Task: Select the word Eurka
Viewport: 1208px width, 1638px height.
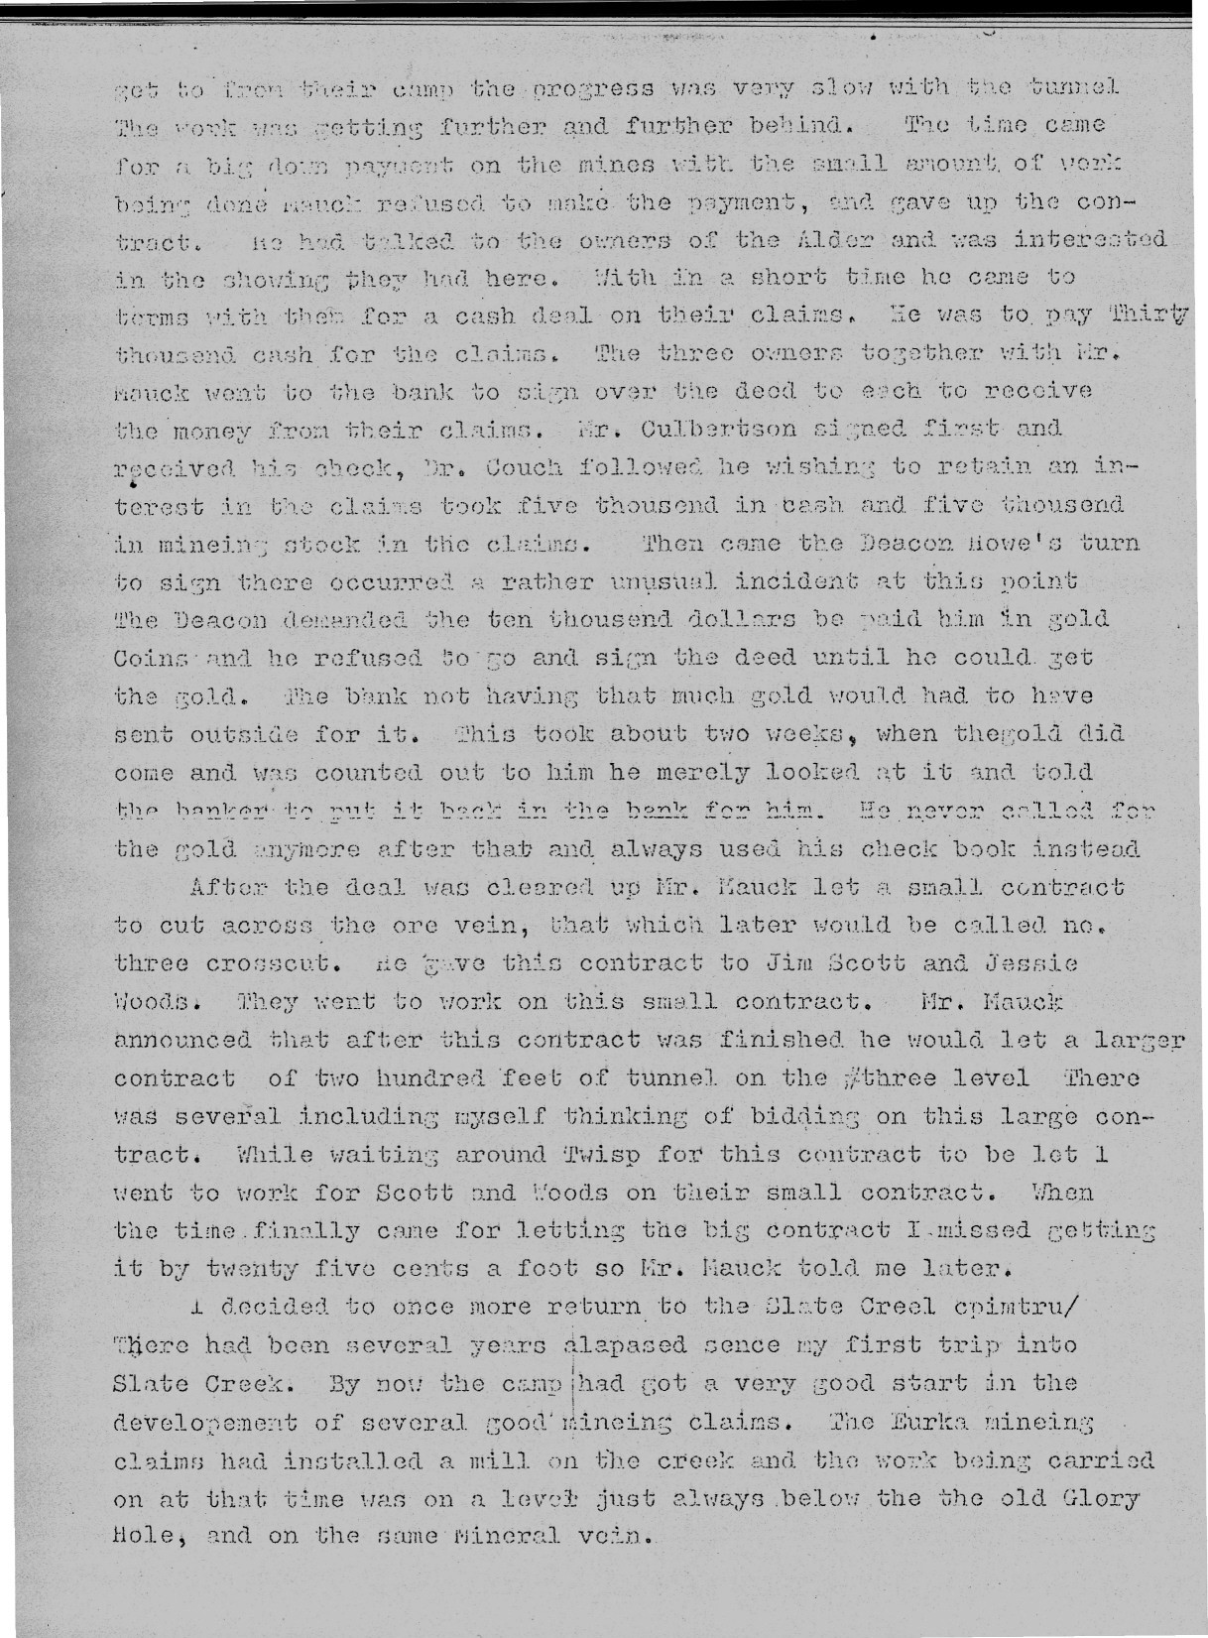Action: click(915, 1422)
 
